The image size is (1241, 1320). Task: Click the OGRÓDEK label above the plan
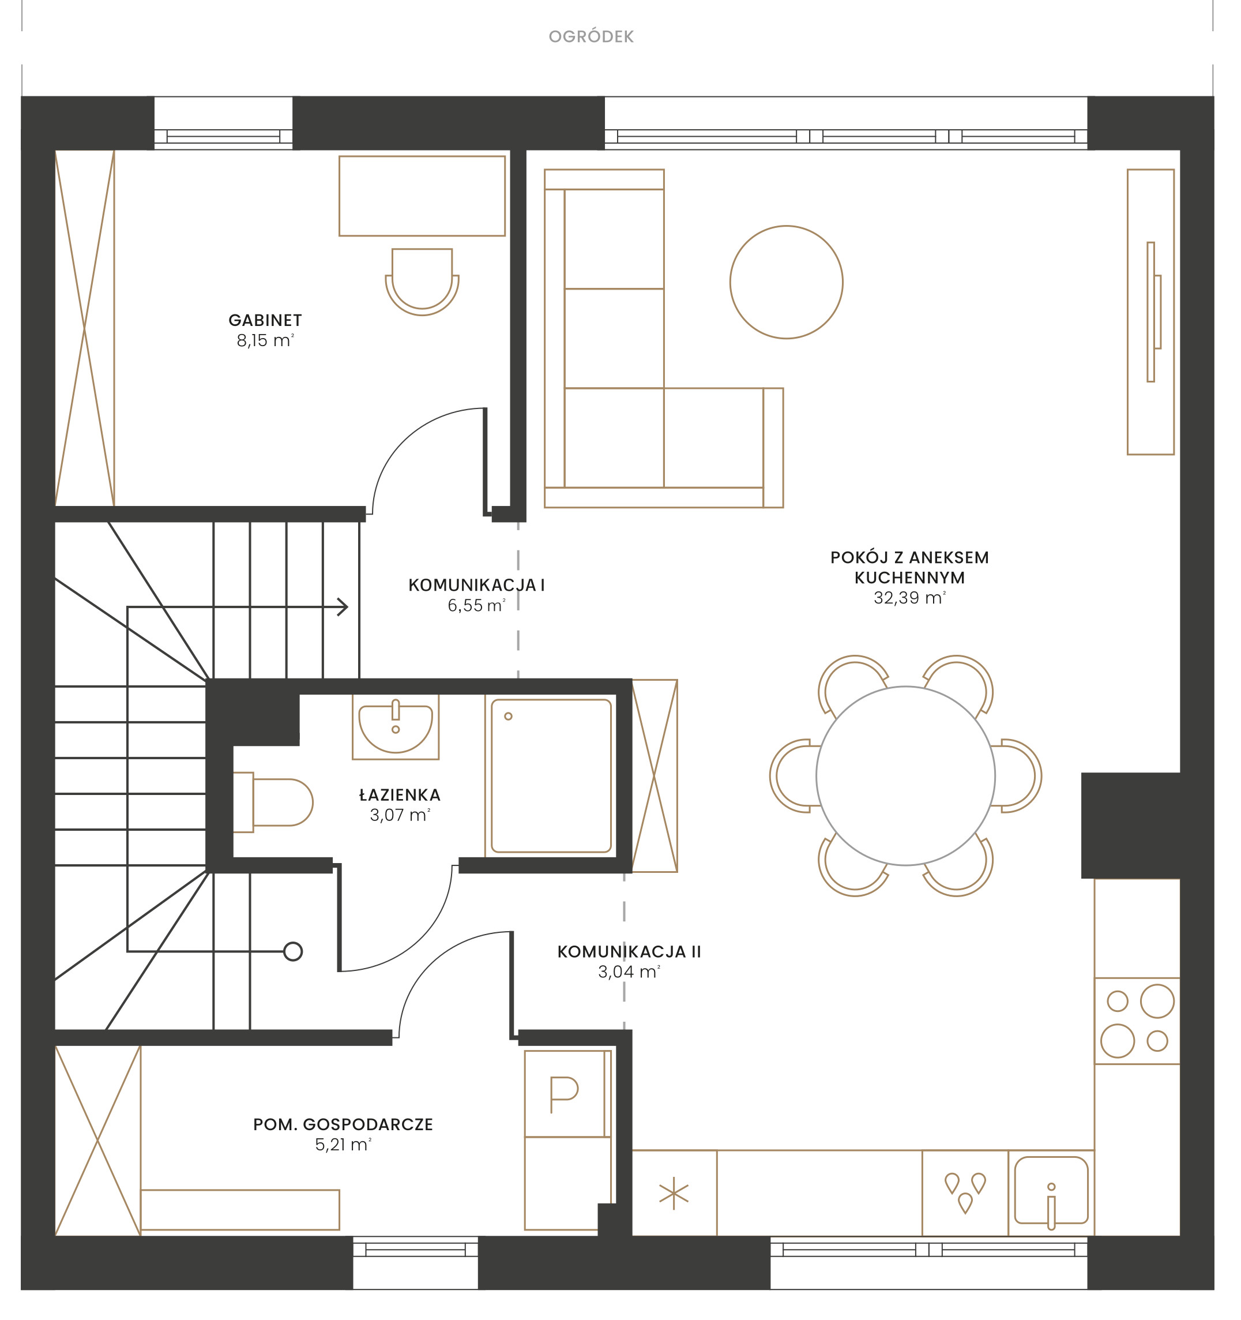click(x=591, y=36)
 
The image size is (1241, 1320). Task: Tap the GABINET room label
click(x=265, y=320)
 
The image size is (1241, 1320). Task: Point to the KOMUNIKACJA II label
click(x=629, y=951)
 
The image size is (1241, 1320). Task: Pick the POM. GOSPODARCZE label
click(x=343, y=1124)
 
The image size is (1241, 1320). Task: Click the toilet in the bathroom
click(x=273, y=802)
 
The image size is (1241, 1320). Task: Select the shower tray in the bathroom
click(x=551, y=775)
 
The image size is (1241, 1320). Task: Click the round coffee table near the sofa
click(x=786, y=282)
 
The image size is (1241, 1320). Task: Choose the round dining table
click(x=905, y=775)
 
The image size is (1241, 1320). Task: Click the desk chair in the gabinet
click(x=422, y=282)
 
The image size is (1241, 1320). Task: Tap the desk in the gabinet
click(x=422, y=196)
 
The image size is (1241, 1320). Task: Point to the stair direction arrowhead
click(x=343, y=606)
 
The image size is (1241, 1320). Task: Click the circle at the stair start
click(x=293, y=951)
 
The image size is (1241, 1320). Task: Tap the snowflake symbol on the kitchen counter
click(x=674, y=1193)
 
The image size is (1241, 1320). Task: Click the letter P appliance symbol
click(x=564, y=1094)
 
